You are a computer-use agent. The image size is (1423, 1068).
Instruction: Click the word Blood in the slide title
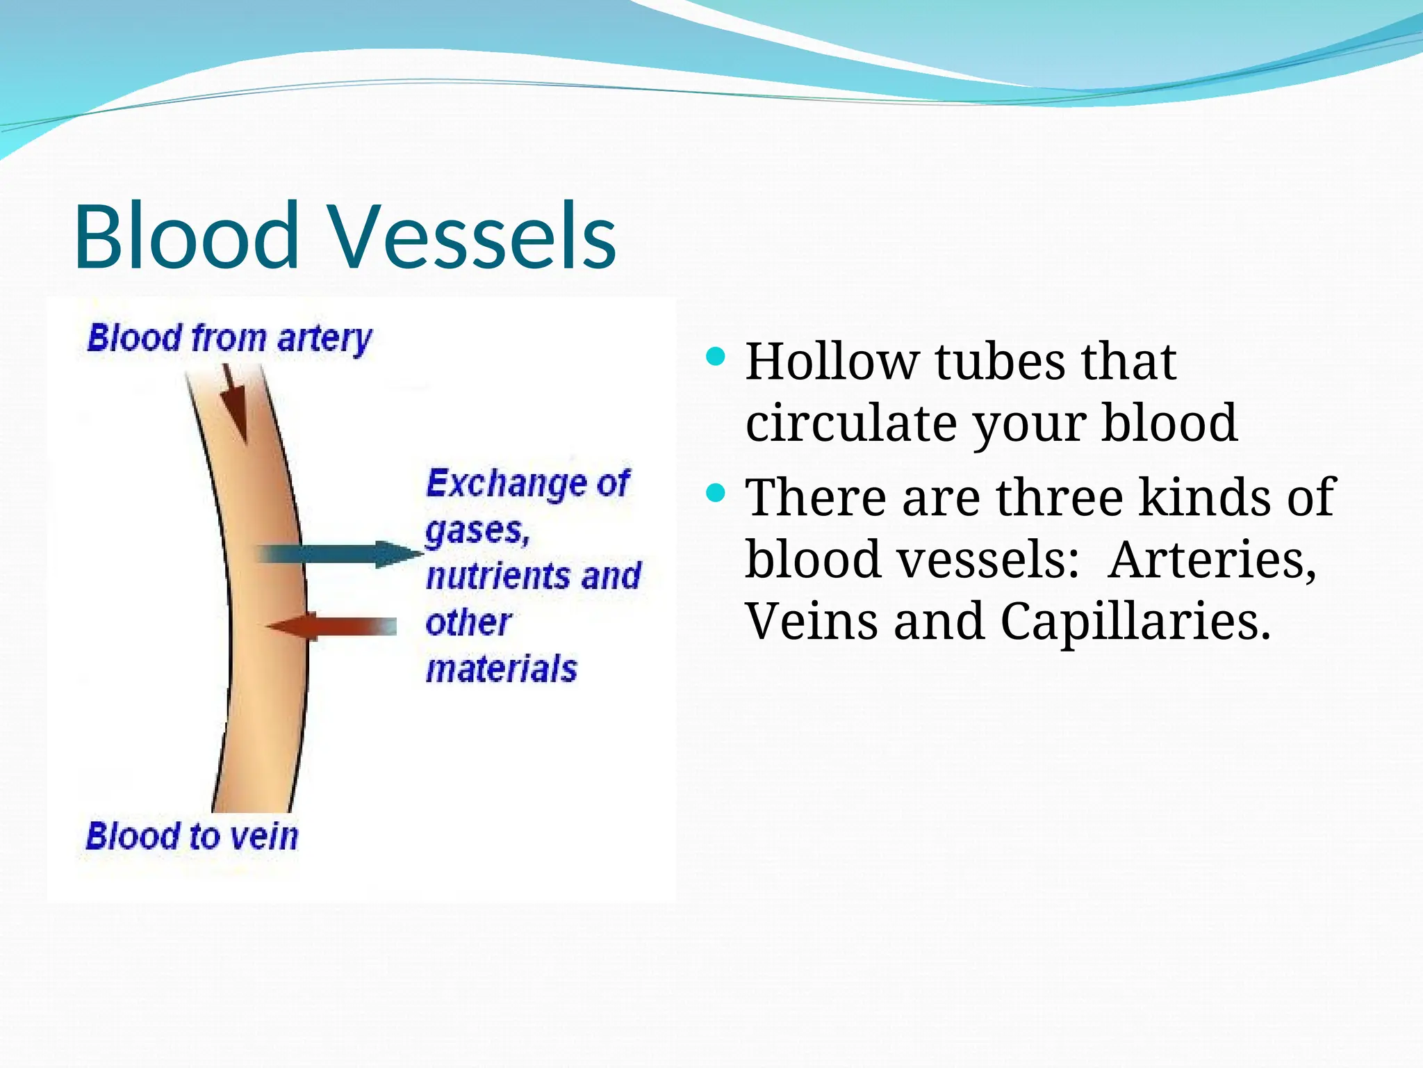tap(186, 236)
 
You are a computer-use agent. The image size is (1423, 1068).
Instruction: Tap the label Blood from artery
tap(229, 339)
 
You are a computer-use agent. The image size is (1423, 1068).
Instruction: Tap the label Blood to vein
tap(192, 836)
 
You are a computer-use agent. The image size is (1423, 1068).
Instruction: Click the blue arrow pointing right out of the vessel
tap(340, 554)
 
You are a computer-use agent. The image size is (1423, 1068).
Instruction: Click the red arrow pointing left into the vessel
tap(331, 626)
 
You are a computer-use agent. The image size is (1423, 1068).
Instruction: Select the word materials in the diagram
tap(501, 669)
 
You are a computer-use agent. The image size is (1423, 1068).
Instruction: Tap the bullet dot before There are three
tap(715, 494)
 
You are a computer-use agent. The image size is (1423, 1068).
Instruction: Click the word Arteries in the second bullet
tap(1212, 560)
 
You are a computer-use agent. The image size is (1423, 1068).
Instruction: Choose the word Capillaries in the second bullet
tap(1135, 621)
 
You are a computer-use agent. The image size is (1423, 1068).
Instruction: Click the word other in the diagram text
tap(468, 623)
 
